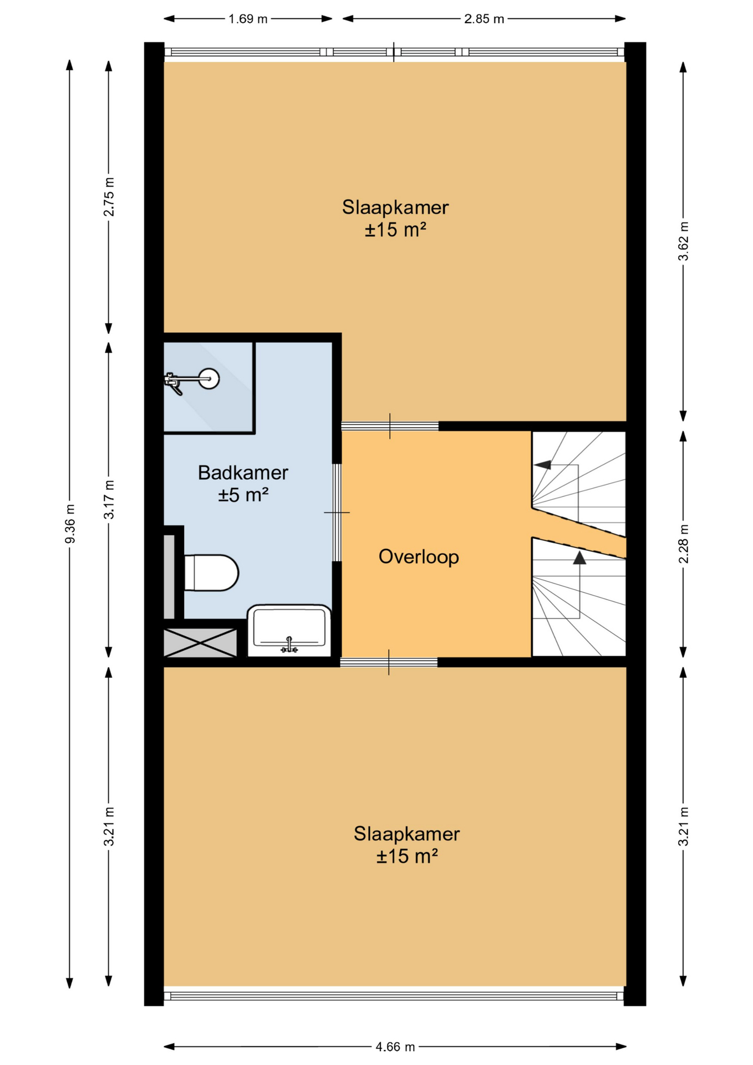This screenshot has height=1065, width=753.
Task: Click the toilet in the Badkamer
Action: tap(211, 572)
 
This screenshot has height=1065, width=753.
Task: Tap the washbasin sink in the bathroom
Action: tap(289, 631)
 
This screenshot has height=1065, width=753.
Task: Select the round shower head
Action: tap(210, 379)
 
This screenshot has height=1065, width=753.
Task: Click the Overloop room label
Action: tap(419, 556)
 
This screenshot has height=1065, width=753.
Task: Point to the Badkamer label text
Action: tap(243, 473)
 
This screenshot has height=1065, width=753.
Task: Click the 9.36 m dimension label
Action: tap(70, 524)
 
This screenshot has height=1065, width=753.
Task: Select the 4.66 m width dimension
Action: tap(395, 1047)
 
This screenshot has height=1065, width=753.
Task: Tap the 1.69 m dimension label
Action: tap(248, 19)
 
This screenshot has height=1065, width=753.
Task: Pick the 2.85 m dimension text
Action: tap(484, 19)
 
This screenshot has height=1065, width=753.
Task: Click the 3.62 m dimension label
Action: tap(683, 241)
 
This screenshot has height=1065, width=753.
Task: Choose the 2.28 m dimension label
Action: tap(683, 544)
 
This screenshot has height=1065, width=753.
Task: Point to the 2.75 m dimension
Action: tap(109, 197)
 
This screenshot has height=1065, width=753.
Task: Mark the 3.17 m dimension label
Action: tap(109, 500)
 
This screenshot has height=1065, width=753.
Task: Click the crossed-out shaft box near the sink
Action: tap(200, 643)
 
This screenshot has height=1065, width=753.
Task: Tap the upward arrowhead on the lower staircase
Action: tap(579, 557)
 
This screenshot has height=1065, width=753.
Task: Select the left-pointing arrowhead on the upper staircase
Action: tap(542, 465)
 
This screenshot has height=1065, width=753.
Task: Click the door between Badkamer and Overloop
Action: tap(337, 513)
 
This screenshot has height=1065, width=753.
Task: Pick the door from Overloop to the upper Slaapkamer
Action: tap(390, 426)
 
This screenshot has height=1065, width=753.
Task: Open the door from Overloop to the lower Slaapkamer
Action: tap(389, 662)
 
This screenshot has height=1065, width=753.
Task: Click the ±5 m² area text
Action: tap(243, 494)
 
